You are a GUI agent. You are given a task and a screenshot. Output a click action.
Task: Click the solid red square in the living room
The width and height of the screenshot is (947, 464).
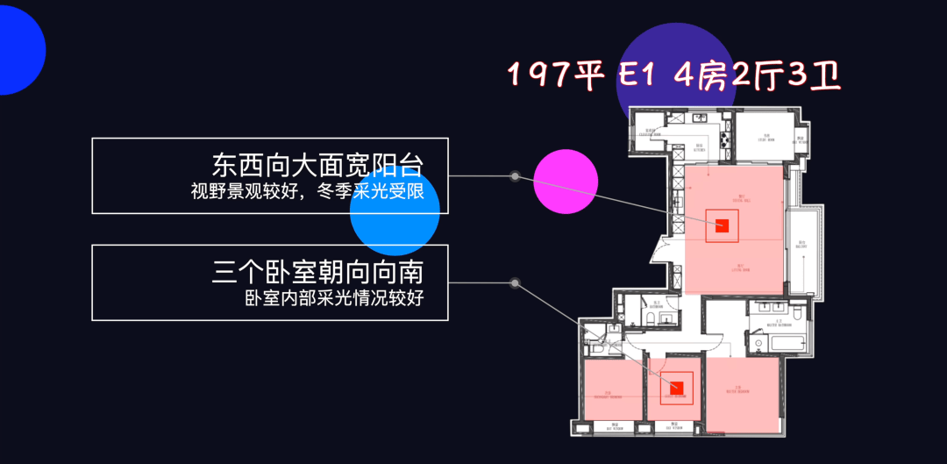(722, 225)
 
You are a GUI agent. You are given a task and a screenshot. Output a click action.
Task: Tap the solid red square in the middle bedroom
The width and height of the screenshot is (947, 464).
(675, 389)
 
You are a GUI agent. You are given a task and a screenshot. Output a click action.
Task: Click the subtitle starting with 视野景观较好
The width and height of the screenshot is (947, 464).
(314, 191)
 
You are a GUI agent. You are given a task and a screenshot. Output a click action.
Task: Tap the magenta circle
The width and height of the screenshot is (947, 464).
(566, 182)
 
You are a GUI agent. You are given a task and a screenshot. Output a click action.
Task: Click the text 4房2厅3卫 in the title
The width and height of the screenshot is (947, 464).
(757, 76)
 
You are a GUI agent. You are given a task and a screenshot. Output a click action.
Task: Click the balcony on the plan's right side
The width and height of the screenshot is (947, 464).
(800, 247)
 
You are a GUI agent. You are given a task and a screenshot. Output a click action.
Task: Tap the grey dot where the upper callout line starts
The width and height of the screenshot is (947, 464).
(516, 176)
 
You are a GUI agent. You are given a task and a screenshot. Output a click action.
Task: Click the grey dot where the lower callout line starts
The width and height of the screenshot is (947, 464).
(516, 283)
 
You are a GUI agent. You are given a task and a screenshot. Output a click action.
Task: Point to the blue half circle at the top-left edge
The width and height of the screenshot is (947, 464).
(18, 53)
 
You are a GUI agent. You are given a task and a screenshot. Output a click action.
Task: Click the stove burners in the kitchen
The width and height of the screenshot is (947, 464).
(724, 138)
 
